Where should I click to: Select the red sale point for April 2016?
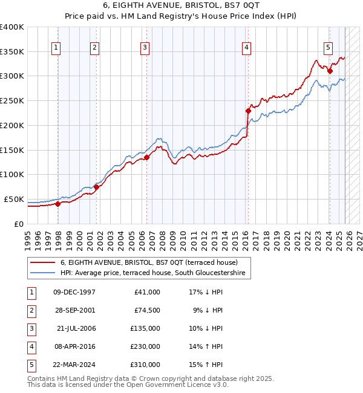(248, 111)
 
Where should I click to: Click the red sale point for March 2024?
(330, 71)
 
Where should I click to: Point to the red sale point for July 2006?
(146, 157)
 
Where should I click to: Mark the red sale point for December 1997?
(57, 204)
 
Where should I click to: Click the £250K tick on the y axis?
(11, 101)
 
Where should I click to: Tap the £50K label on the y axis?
(14, 199)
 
